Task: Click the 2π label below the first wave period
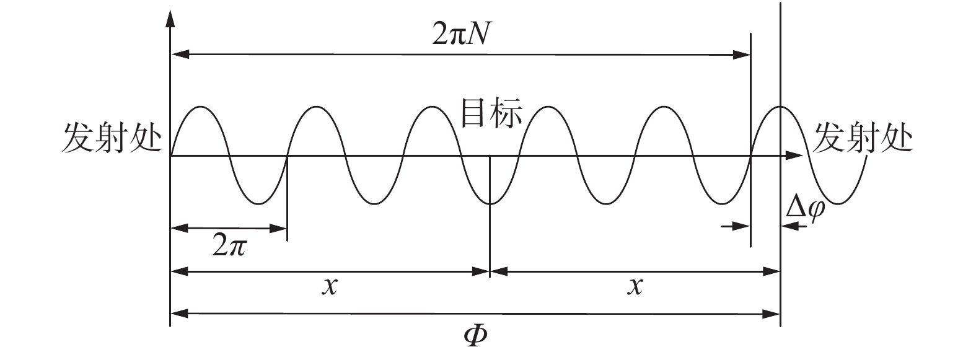coord(230,247)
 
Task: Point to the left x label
coord(330,286)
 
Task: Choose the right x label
coord(634,286)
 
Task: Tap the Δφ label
coord(805,209)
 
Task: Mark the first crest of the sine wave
coord(201,107)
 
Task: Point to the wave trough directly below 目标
coord(490,203)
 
